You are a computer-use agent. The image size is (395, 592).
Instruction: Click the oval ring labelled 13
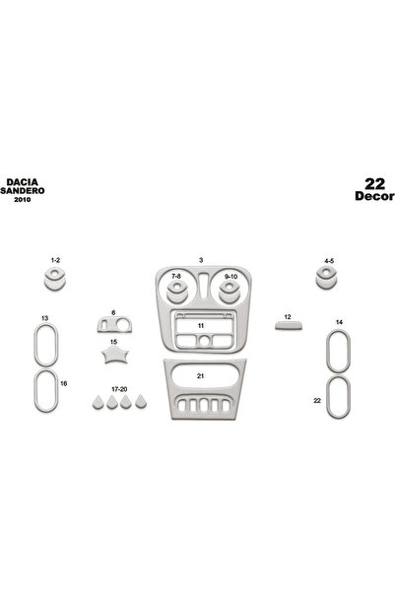45,345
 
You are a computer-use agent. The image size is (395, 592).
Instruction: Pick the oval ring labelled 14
336,351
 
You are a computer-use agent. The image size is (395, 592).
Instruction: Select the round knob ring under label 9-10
231,292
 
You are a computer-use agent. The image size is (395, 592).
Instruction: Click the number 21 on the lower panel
200,376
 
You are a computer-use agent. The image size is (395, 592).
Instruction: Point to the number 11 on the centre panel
200,324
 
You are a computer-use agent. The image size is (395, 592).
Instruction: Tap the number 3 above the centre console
201,259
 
